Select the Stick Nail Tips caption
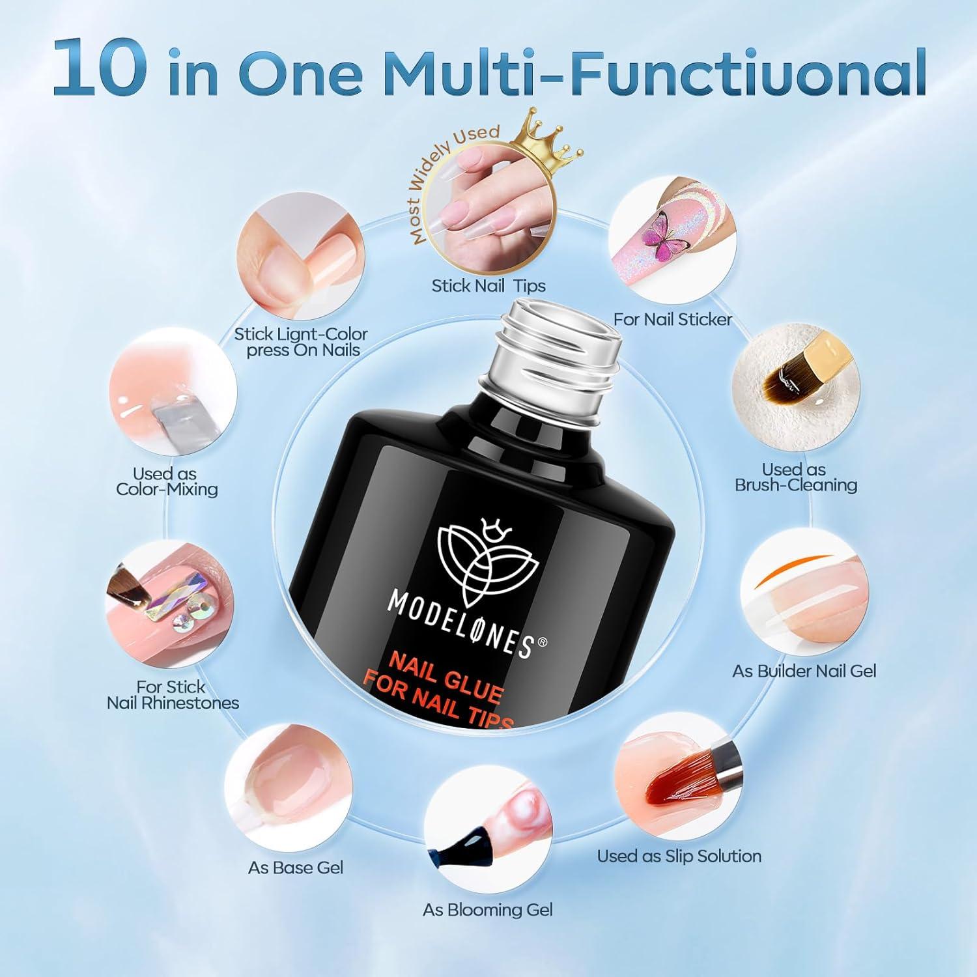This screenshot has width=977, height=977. click(x=488, y=285)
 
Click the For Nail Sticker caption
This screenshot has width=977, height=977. click(x=673, y=319)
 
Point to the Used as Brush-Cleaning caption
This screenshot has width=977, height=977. click(x=795, y=477)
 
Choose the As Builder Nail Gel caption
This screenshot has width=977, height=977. click(x=804, y=671)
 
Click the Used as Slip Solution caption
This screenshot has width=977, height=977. click(x=679, y=856)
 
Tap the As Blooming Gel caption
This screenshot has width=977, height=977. click(x=488, y=909)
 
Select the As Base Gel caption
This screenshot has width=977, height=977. click(x=296, y=868)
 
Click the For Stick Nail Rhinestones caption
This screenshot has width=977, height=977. click(x=173, y=694)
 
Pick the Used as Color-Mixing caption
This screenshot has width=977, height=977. click(x=166, y=481)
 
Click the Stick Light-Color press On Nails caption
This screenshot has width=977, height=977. click(x=301, y=342)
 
